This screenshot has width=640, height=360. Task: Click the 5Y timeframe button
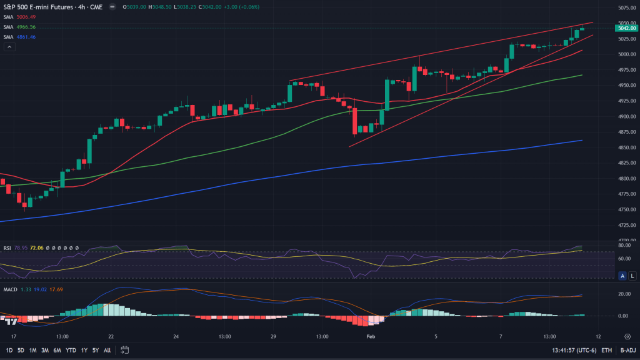tap(95, 350)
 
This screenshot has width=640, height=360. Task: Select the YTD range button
tap(70, 350)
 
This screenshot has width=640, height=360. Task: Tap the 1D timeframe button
tap(9, 350)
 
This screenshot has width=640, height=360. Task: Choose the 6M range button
tap(56, 350)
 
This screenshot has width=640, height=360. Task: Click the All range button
tap(107, 350)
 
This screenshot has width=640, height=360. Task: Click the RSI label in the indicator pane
tap(7, 247)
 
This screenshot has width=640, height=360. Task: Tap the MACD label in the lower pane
tap(10, 289)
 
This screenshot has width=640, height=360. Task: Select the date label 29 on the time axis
tap(274, 336)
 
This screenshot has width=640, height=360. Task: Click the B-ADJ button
tap(627, 350)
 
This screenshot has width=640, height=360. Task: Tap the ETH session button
tap(607, 350)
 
